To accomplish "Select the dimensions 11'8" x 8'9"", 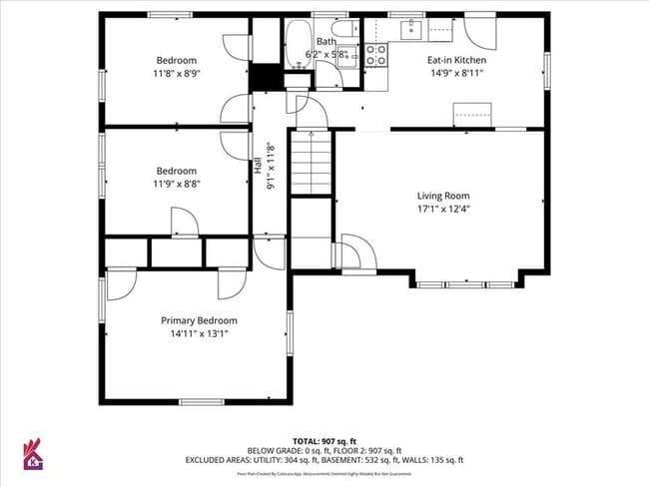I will [176, 73].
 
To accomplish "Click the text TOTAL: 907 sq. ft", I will [324, 440].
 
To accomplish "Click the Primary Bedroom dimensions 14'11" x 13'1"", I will [200, 333].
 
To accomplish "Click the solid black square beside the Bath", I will [265, 76].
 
